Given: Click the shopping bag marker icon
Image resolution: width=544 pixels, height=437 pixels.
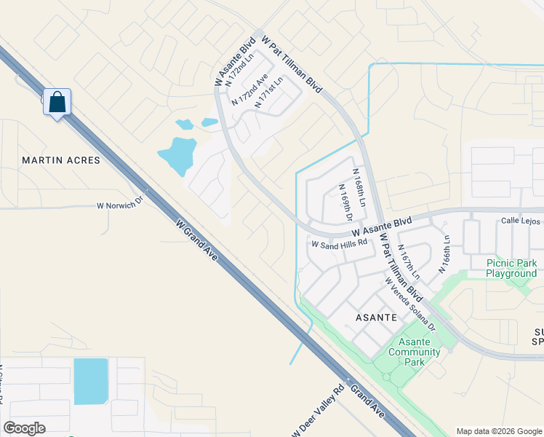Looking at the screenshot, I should (x=57, y=102).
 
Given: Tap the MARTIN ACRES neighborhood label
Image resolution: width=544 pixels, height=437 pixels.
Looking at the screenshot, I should (x=61, y=160).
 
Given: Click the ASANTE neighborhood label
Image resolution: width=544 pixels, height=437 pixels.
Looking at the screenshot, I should (x=375, y=318).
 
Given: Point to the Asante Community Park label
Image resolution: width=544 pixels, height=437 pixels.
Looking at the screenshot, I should (x=415, y=353).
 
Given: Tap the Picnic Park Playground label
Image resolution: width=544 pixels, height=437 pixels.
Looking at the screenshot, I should (x=511, y=268).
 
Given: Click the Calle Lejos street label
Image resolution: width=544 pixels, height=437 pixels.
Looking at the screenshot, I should (x=521, y=221).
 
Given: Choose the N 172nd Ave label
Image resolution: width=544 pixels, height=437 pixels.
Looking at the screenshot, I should (x=249, y=89).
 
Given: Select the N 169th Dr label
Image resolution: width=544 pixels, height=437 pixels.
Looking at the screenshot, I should (x=345, y=203).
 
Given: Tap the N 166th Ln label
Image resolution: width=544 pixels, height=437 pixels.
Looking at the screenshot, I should (x=444, y=254).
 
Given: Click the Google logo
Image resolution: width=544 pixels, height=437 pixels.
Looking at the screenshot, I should (x=24, y=428).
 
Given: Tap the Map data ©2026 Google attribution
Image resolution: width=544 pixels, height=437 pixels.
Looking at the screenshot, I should (x=499, y=431).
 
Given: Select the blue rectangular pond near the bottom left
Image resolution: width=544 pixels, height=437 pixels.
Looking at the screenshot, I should (x=90, y=381).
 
